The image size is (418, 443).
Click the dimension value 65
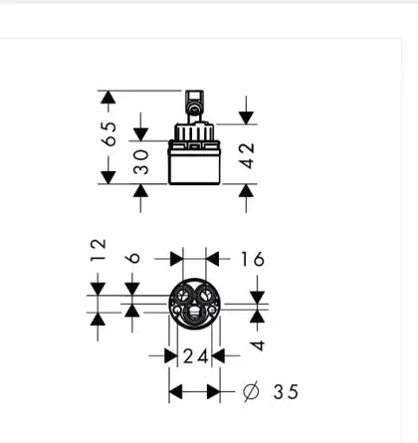110,133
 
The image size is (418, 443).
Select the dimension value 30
141,162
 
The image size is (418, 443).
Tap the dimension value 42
248,155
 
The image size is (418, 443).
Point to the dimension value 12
99,250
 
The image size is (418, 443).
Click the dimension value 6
133,258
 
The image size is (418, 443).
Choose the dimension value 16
253,259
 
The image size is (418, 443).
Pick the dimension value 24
196,356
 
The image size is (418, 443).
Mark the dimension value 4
258,345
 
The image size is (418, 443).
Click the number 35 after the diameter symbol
286,392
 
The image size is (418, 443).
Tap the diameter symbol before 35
251,392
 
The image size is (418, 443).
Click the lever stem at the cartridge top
194,107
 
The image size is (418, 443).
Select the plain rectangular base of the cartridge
194,166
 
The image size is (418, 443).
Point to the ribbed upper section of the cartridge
194,132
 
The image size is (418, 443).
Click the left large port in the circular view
182,295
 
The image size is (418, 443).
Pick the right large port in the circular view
206,295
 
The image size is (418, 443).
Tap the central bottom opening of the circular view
194,314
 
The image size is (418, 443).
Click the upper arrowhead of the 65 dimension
107,98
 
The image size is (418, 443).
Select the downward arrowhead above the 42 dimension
246,118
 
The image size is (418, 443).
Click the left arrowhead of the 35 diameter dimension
176,392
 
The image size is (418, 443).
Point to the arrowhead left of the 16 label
176,259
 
